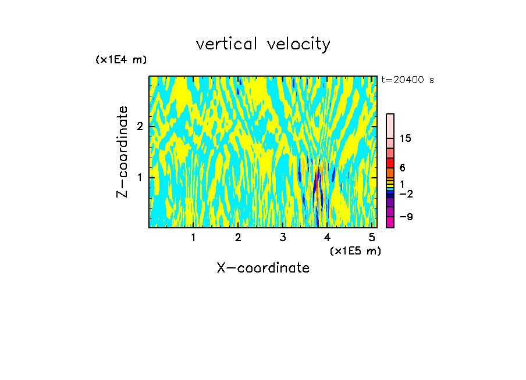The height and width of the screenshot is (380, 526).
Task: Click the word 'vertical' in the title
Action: (x=227, y=44)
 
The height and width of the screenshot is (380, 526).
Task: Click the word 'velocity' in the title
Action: (x=297, y=44)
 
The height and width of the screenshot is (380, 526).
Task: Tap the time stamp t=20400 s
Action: (x=407, y=80)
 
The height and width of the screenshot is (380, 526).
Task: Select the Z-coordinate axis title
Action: (x=122, y=152)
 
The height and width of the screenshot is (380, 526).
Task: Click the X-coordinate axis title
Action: (x=263, y=268)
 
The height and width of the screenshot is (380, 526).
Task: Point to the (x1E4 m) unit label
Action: (x=121, y=59)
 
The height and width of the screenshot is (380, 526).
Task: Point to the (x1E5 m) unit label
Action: (x=355, y=250)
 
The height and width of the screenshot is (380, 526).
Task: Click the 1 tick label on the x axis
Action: (x=193, y=237)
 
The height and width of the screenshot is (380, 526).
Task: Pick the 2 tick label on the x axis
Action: (x=238, y=237)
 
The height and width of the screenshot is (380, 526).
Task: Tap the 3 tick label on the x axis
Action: (x=283, y=237)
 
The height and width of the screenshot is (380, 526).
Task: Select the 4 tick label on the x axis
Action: (x=328, y=237)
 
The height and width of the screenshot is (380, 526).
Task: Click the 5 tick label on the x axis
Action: (x=372, y=237)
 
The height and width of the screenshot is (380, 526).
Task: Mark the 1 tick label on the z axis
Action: (x=140, y=177)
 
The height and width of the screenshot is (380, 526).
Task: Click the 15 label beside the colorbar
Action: (x=406, y=138)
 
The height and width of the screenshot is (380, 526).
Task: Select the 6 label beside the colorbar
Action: (x=402, y=167)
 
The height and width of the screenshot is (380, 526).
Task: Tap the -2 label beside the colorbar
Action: (x=406, y=193)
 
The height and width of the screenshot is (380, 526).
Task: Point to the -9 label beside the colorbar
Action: (x=406, y=217)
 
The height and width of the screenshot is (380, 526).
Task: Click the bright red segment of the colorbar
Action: (x=390, y=163)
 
